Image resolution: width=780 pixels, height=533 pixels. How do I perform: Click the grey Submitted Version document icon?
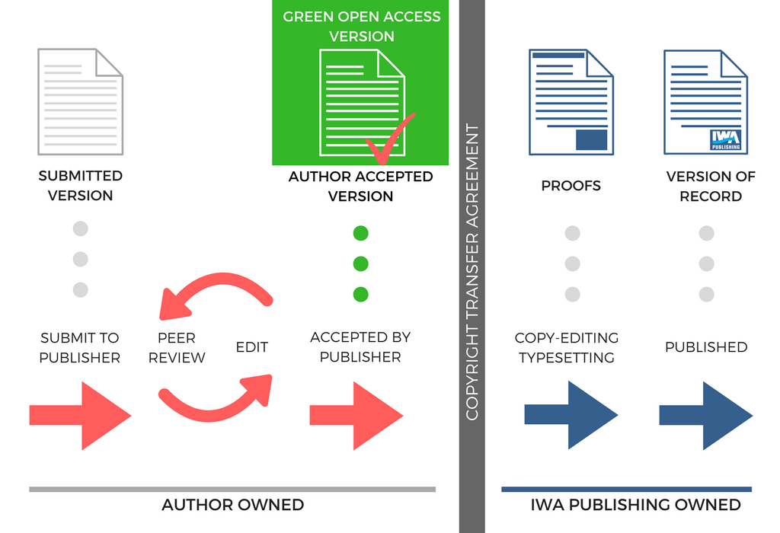click(x=80, y=101)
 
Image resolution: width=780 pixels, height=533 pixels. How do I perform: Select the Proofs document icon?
click(x=571, y=101)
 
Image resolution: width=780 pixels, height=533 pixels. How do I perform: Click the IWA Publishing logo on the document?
click(x=724, y=139)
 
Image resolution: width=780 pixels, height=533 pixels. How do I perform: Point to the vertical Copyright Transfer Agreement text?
click(x=472, y=272)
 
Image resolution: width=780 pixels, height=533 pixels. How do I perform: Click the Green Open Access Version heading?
click(x=361, y=26)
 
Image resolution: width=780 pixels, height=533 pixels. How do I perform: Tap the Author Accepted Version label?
click(x=360, y=186)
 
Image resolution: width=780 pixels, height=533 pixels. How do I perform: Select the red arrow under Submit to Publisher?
click(x=81, y=416)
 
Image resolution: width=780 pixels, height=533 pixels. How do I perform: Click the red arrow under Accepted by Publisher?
click(x=356, y=416)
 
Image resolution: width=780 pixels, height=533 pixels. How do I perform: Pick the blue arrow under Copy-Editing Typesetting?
click(x=571, y=416)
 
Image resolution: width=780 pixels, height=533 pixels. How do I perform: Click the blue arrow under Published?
click(x=705, y=416)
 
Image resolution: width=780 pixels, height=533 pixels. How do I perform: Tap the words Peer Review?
click(x=177, y=347)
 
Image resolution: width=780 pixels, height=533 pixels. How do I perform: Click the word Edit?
click(x=251, y=347)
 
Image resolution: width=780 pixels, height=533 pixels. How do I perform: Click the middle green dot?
click(x=361, y=263)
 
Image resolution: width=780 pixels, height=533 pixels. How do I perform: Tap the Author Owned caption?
click(x=232, y=505)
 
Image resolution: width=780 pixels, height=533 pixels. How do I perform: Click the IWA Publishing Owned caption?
click(x=635, y=505)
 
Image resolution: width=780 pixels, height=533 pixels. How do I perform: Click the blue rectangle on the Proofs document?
click(x=591, y=139)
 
